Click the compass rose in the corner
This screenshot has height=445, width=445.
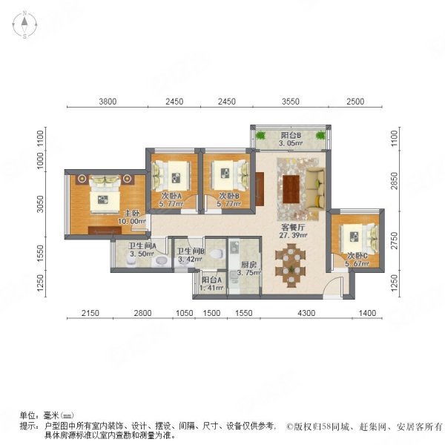pos(24,24)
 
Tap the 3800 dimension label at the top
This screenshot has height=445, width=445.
pos(108,102)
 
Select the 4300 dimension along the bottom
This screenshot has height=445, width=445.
pos(306,313)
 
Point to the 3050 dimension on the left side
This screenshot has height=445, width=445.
pos(41,204)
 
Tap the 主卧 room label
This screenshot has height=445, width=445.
pos(132,213)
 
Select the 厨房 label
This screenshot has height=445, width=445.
pos(248,265)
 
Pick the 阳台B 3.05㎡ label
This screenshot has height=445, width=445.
pos(291,139)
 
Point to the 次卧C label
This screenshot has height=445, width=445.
pos(357,256)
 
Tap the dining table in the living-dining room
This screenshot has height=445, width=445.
pos(291,266)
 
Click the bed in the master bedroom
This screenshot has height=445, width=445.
pos(105,194)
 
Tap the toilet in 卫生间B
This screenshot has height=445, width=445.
pos(217,254)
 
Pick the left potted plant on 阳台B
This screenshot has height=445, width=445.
pos(260,135)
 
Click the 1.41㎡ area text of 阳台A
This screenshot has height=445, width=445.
pos(211,289)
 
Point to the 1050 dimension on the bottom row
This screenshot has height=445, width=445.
pos(185,313)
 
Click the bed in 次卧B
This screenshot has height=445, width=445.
pos(231,175)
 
